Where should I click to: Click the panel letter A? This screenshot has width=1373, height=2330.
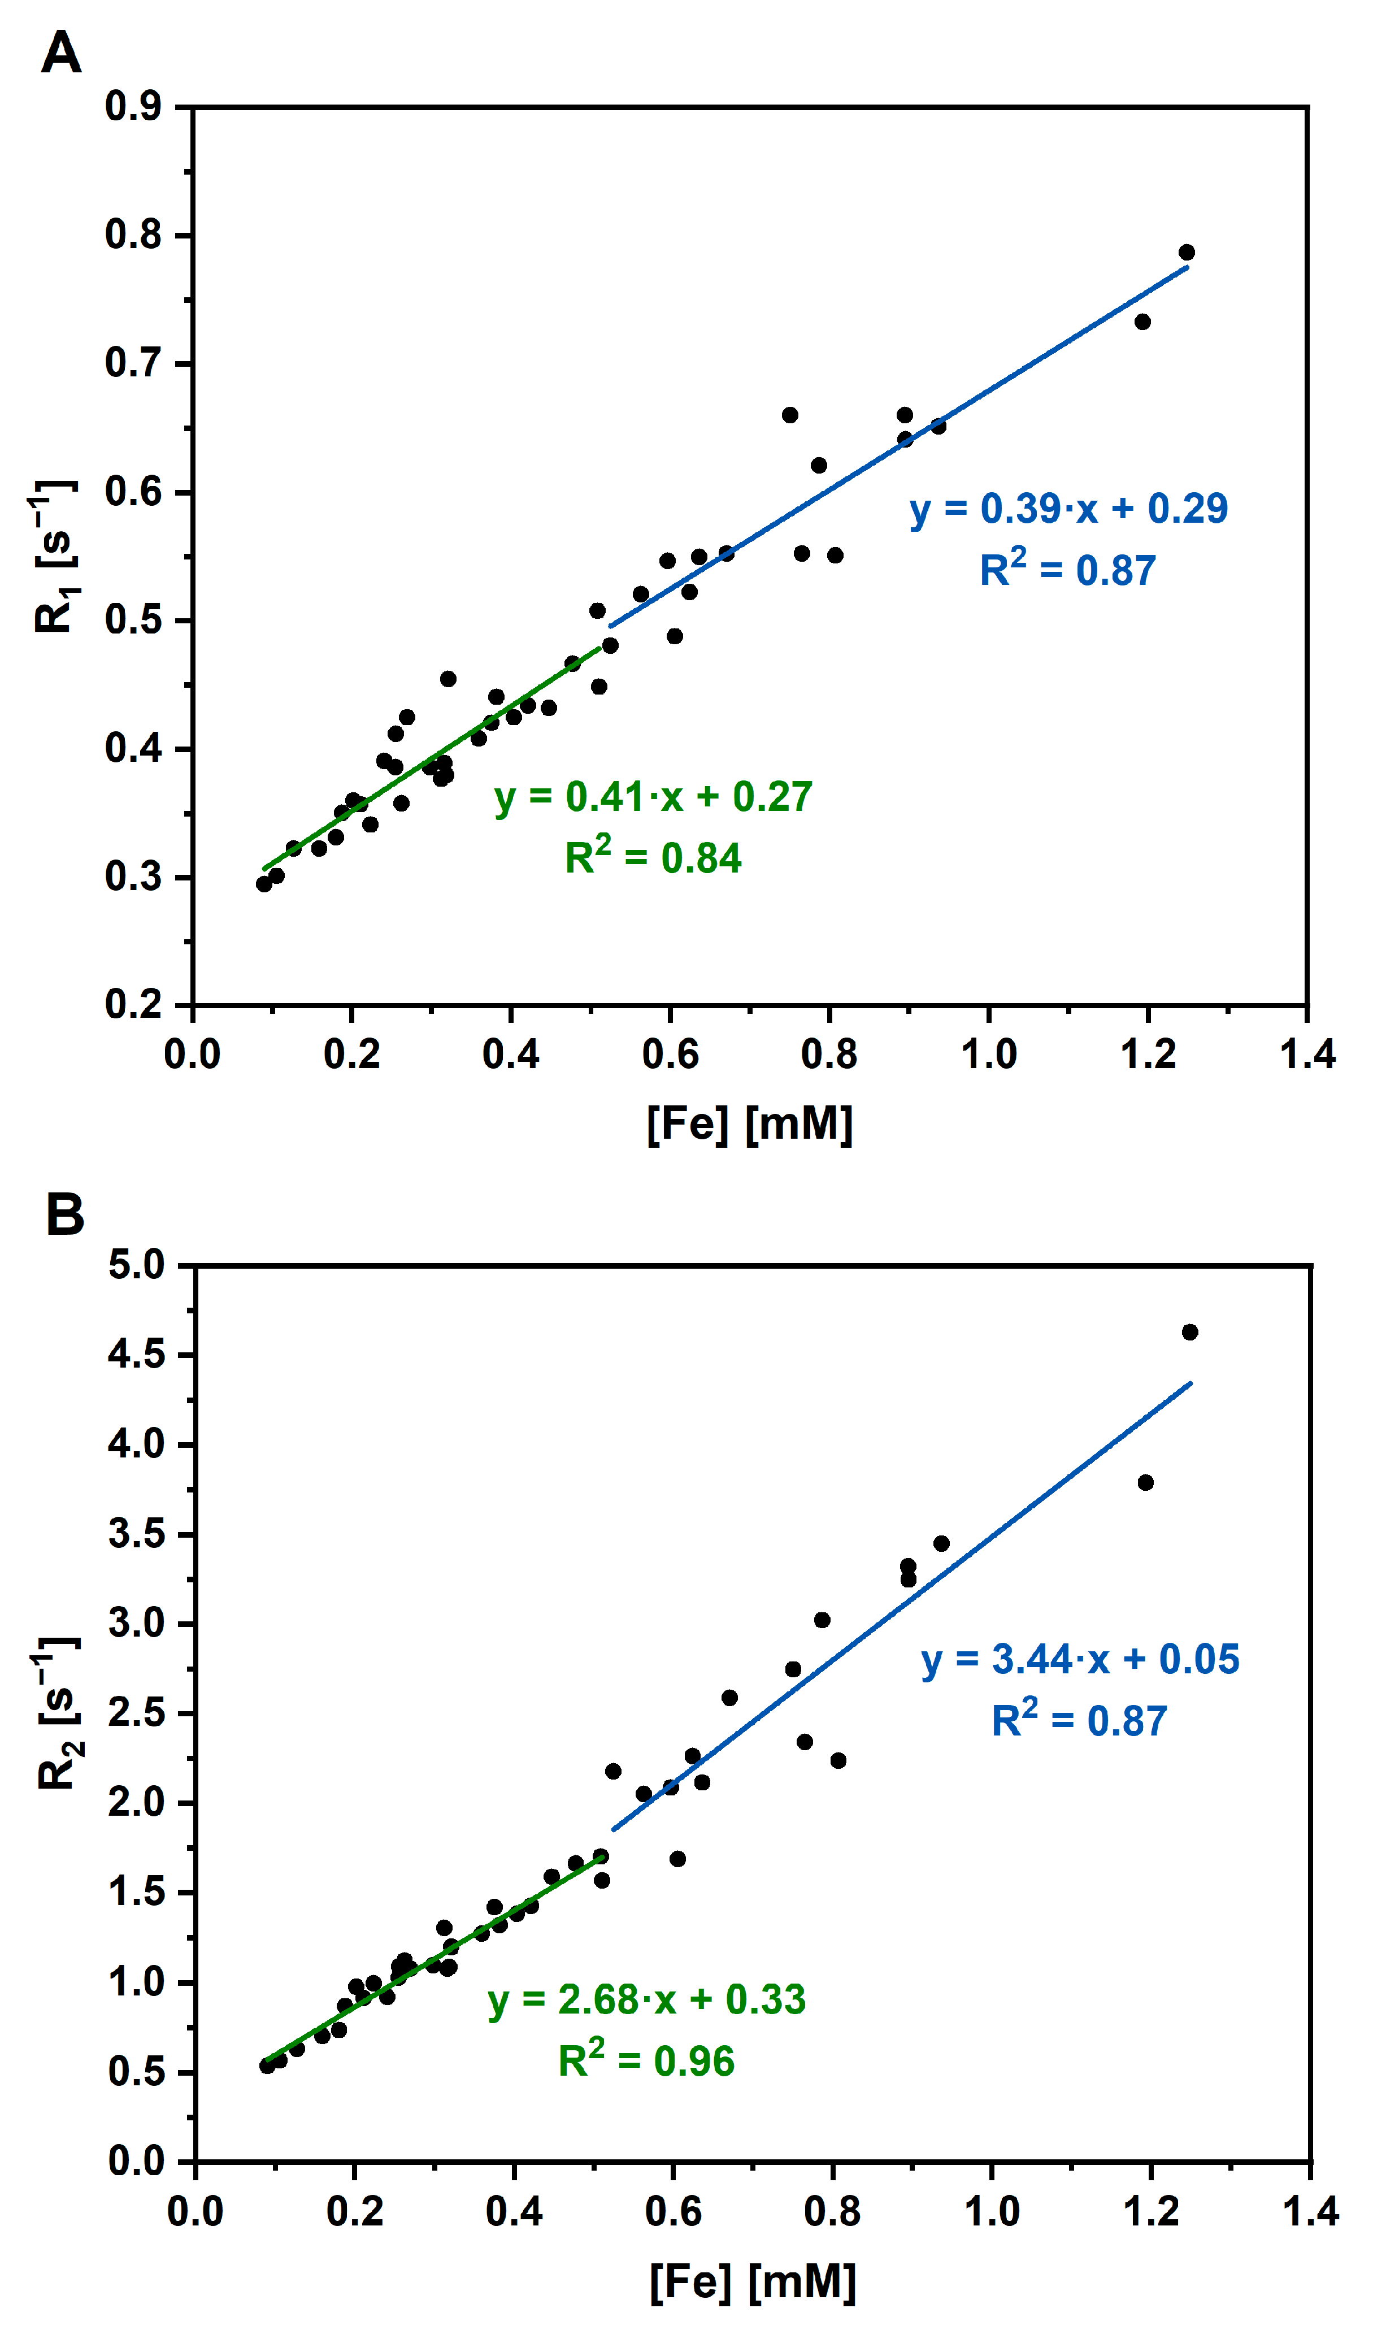61,54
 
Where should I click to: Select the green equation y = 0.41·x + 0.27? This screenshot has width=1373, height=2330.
653,797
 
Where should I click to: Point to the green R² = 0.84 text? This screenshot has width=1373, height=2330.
653,857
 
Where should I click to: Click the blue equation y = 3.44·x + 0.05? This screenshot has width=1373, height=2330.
1080,1659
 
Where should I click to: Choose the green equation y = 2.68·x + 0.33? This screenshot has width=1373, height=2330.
647,1999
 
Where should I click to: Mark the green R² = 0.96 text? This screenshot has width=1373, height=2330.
647,2061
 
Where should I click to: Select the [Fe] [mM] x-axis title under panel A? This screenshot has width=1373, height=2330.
749,1124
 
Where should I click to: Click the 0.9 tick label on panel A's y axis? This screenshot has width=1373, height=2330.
133,107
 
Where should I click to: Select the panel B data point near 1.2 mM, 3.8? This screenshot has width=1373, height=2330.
1145,1482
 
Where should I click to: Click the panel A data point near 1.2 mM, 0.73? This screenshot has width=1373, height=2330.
1142,322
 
